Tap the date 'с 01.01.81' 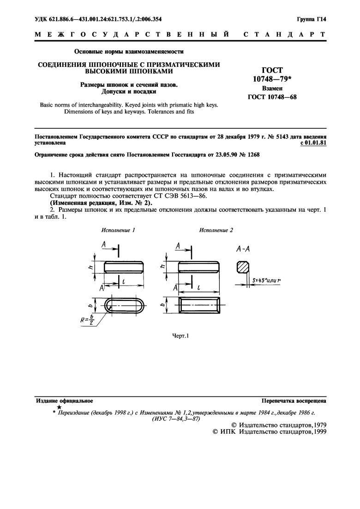(313, 143)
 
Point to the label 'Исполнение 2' (216, 229)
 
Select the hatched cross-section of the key (243, 267)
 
